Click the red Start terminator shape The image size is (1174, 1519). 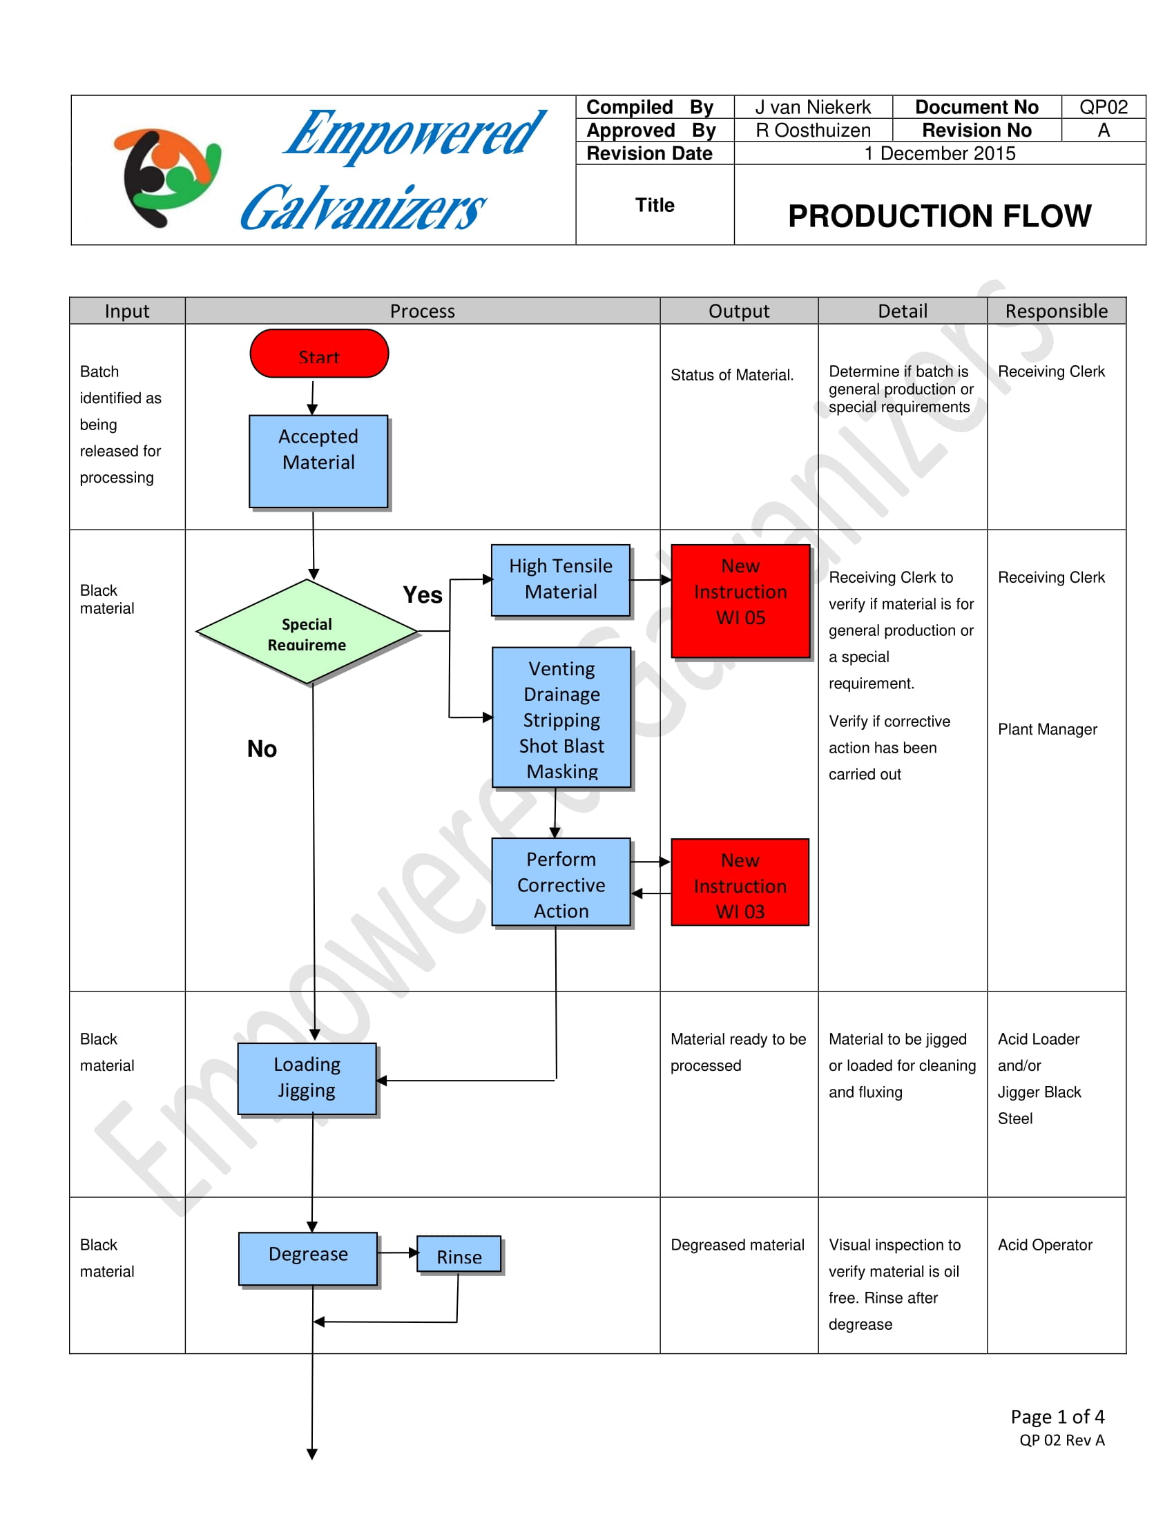318,354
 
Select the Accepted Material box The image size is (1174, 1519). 318,461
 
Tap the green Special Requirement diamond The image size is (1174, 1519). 307,632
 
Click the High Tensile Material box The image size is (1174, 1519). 561,579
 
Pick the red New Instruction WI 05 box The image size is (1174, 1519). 740,600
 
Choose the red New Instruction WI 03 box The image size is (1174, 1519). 740,882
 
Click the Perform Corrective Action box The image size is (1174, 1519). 561,882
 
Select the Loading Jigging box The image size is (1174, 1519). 307,1078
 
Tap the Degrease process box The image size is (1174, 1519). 308,1258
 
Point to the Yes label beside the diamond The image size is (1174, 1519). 422,594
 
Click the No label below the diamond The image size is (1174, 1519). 262,748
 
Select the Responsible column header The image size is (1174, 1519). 1056,311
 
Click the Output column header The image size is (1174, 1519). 739,311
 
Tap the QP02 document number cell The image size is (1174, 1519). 1102,107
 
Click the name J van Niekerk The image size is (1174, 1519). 812,107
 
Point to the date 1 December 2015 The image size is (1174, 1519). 939,153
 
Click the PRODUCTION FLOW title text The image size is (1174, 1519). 939,215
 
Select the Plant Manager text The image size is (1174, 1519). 1047,729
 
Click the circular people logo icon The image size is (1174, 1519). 167,177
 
